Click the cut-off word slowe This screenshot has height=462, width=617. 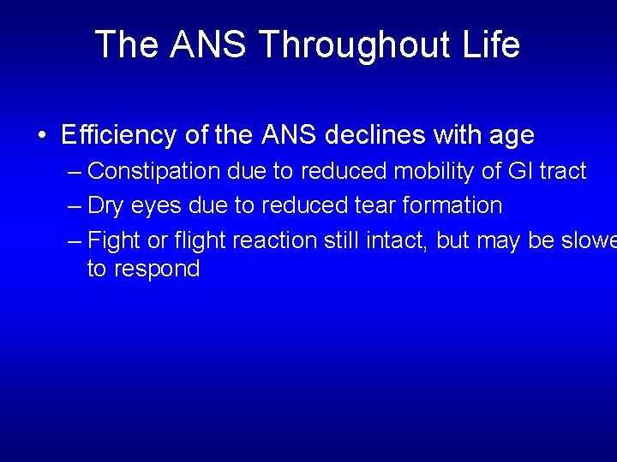[589, 240]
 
